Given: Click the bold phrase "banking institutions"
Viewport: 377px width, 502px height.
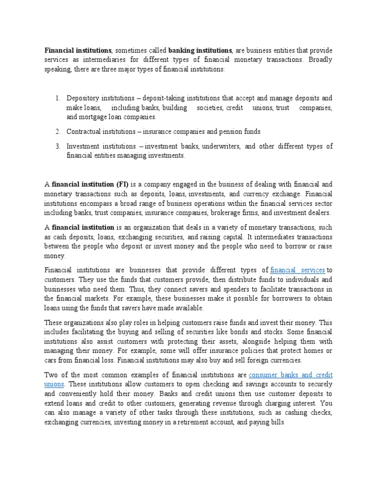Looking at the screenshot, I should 200,50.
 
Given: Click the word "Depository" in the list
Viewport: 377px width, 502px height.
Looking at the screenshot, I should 84,98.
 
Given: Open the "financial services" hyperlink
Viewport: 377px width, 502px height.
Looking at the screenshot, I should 298,270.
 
